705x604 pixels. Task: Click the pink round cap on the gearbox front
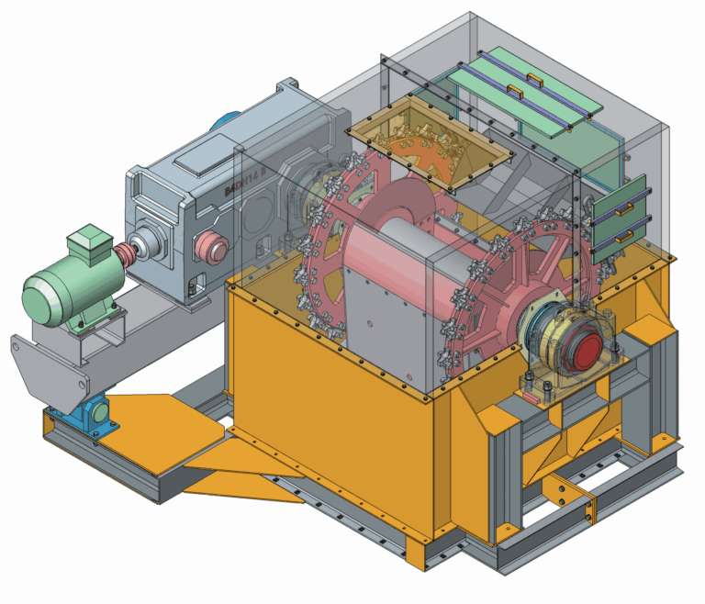point(213,247)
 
